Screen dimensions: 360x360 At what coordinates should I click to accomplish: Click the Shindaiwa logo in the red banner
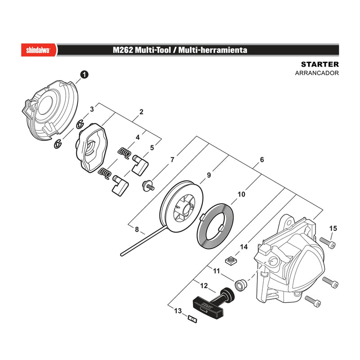pyautogui.click(x=38, y=50)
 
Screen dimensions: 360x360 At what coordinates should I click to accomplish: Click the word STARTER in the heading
pyautogui.click(x=320, y=64)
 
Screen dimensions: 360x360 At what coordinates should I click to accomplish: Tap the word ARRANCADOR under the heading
pyautogui.click(x=317, y=73)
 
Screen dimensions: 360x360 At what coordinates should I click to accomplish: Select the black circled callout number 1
pyautogui.click(x=84, y=75)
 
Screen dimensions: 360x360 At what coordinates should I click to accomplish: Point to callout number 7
pyautogui.click(x=172, y=159)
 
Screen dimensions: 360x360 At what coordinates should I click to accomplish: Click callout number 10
pyautogui.click(x=241, y=194)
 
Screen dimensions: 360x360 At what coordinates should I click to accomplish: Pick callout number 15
pyautogui.click(x=333, y=229)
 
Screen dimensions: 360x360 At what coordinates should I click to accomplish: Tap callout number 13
pyautogui.click(x=178, y=311)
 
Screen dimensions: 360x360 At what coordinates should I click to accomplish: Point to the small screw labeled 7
pyautogui.click(x=148, y=185)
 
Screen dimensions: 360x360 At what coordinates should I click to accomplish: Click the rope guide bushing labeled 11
pyautogui.click(x=241, y=285)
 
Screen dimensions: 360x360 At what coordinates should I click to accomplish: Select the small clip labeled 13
pyautogui.click(x=192, y=319)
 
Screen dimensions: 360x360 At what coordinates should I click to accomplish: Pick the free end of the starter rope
pyautogui.click(x=121, y=254)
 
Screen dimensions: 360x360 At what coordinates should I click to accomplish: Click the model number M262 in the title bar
pyautogui.click(x=122, y=50)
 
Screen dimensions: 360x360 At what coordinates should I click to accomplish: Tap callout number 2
pyautogui.click(x=141, y=112)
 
